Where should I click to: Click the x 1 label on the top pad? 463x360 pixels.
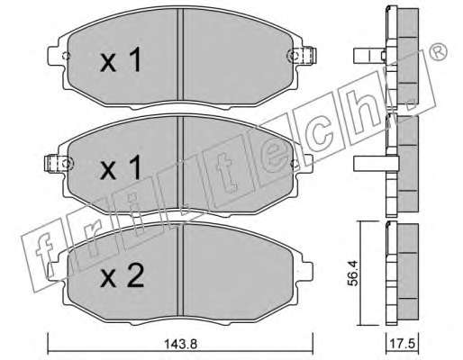[x=121, y=60]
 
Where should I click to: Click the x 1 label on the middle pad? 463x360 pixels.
[x=121, y=168]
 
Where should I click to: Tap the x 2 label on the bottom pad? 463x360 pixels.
[x=122, y=275]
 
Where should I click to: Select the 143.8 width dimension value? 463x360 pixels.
[x=181, y=344]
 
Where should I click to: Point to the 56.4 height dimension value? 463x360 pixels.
[x=355, y=273]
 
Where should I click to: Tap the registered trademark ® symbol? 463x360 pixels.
[x=438, y=52]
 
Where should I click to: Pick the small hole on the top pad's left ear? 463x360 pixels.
[x=66, y=56]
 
